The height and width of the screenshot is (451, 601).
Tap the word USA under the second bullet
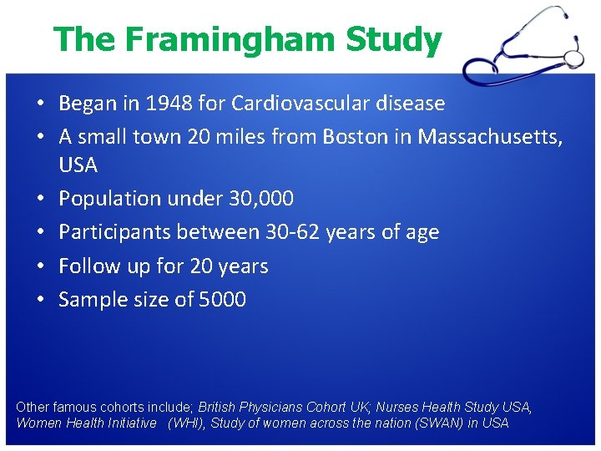(78, 165)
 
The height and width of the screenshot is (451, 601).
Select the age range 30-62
(294, 232)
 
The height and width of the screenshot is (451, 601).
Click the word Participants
(112, 232)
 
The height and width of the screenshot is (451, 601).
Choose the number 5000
(223, 300)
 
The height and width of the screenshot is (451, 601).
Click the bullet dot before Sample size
(41, 300)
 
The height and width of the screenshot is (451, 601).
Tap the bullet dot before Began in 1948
(41, 104)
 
